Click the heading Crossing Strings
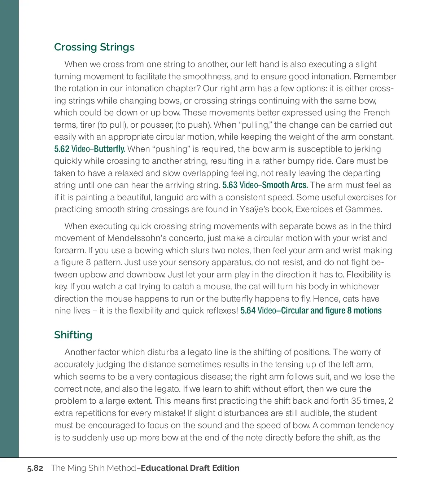[94, 47]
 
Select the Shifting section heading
[73, 335]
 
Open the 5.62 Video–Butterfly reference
[89, 149]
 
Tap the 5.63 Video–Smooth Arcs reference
[265, 185]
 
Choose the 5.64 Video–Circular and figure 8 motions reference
[311, 311]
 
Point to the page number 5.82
[35, 468]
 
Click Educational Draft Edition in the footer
[190, 468]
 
